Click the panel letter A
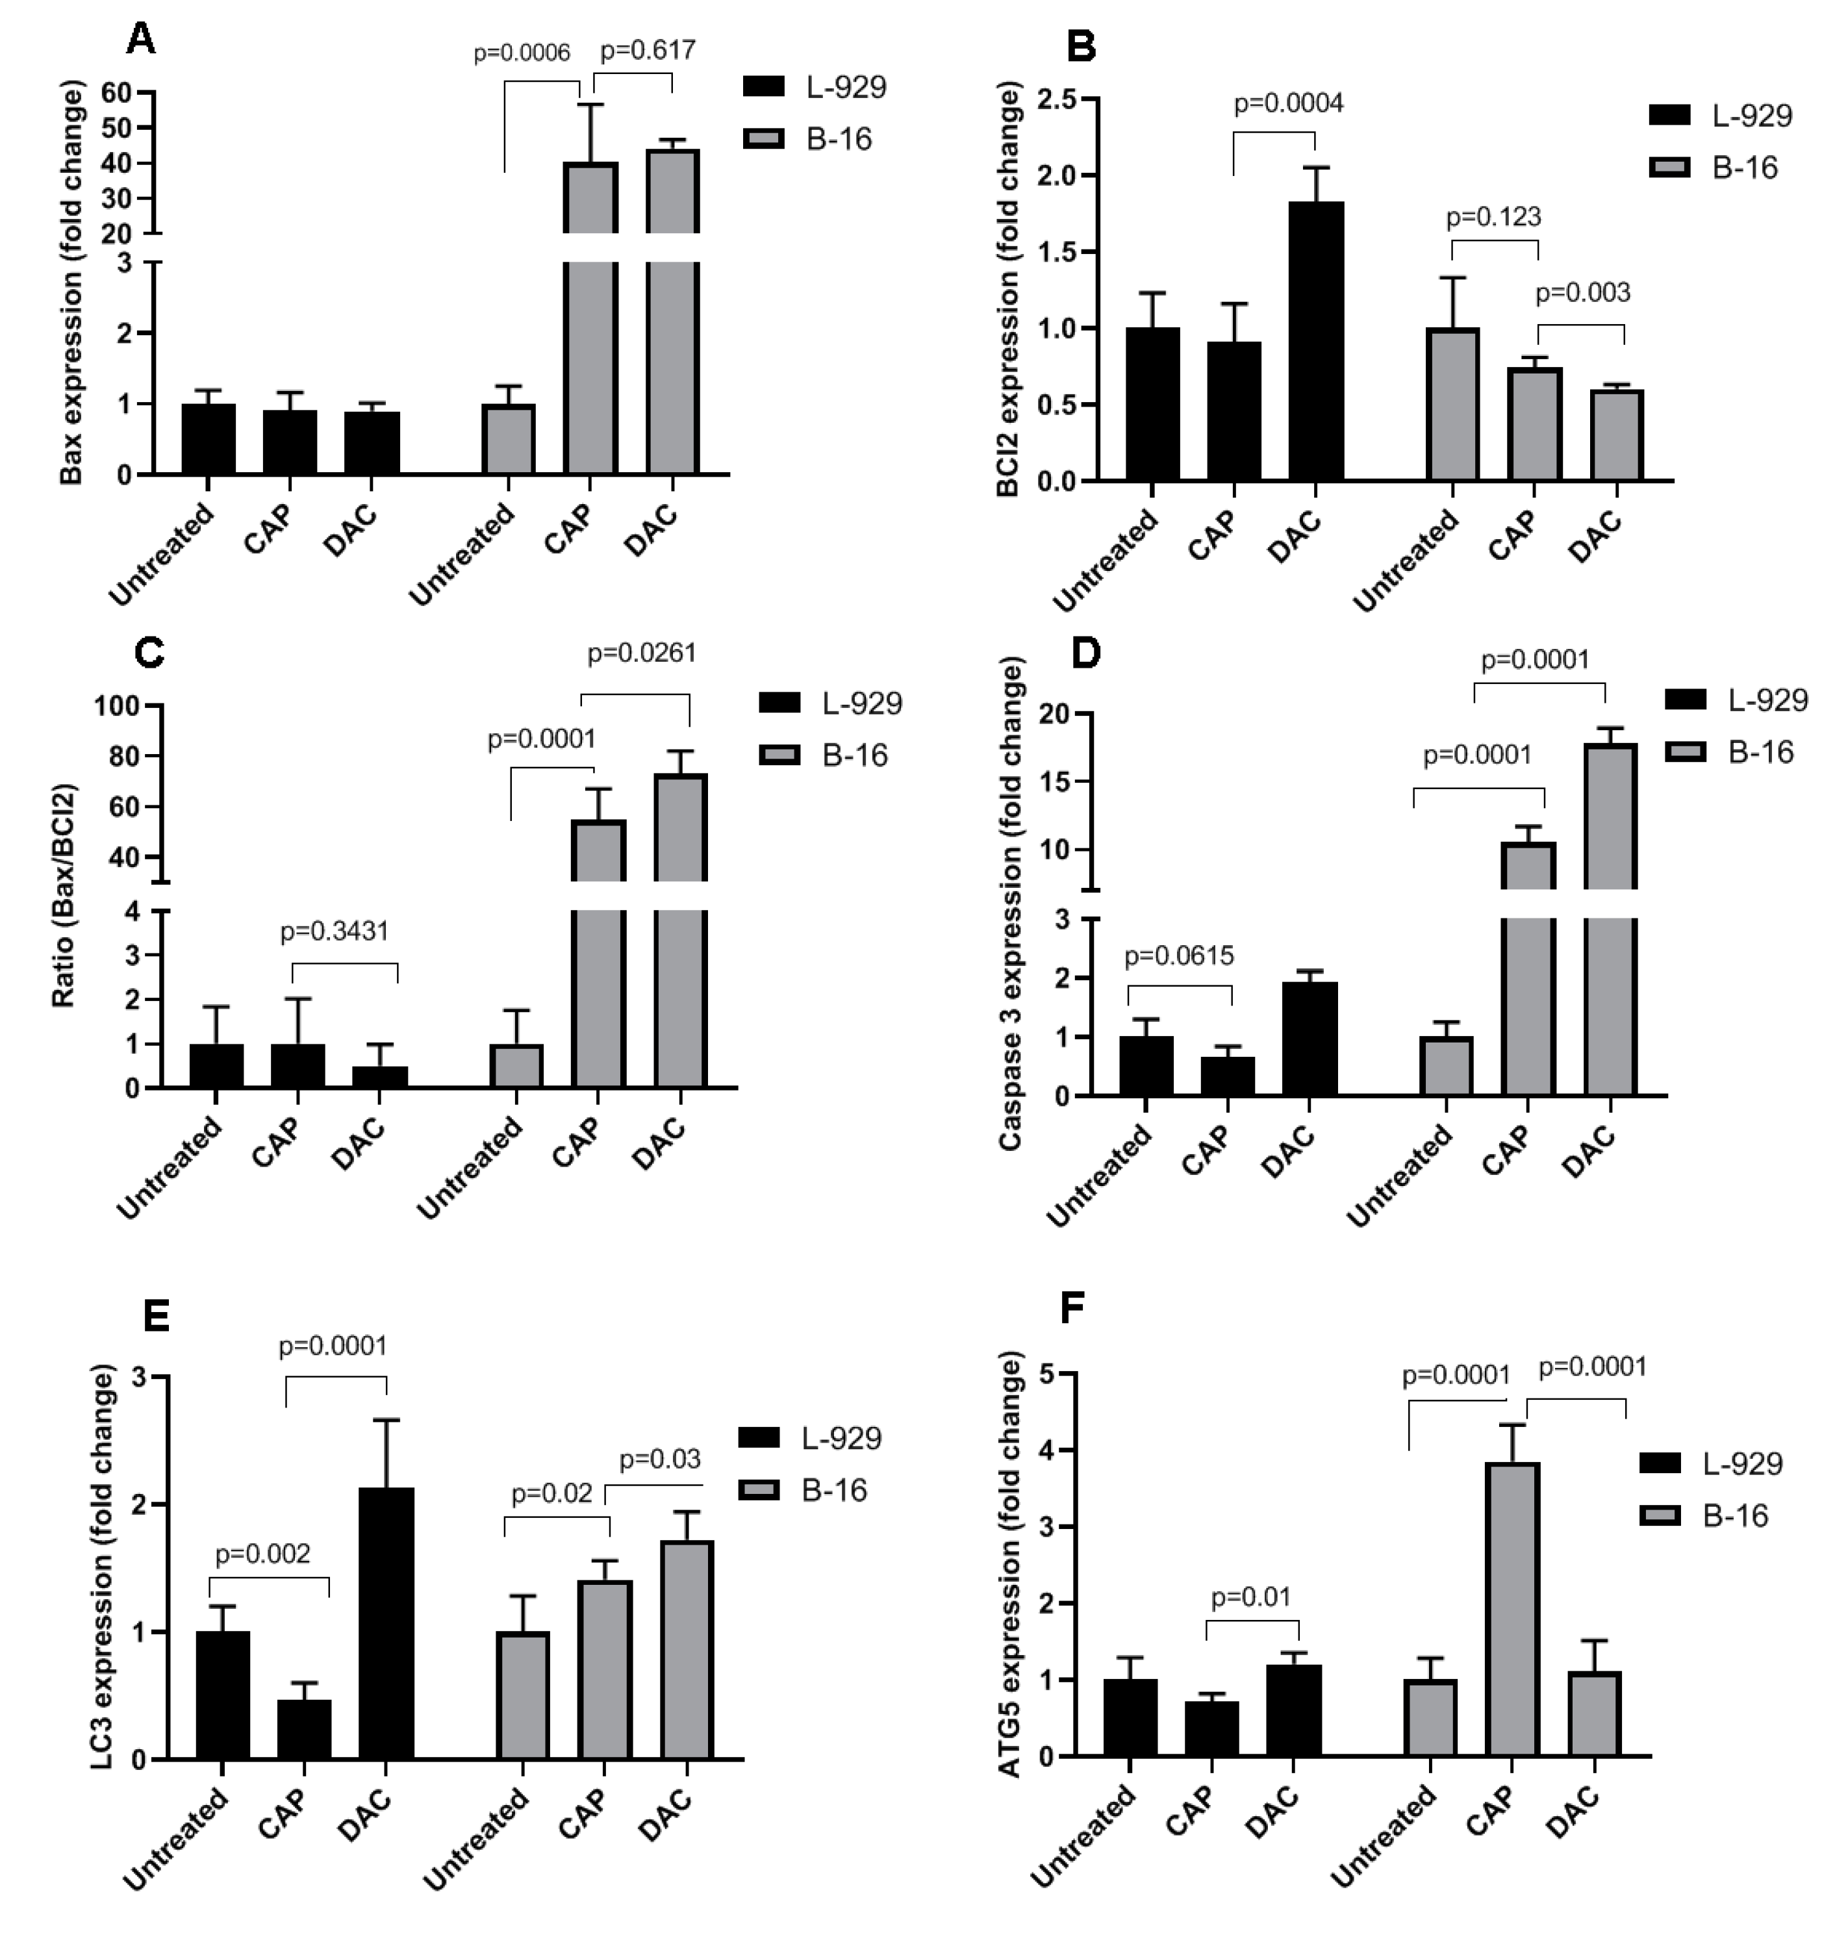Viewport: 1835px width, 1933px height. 142,41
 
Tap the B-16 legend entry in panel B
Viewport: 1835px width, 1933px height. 1721,168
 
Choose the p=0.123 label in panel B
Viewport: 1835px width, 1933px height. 1493,216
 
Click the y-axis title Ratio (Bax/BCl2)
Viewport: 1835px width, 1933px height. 64,896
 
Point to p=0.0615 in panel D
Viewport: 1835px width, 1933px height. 1179,955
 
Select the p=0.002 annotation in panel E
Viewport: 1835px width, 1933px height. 262,1554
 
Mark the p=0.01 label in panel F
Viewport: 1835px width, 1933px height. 1251,1597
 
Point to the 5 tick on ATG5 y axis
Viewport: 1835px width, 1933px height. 1048,1374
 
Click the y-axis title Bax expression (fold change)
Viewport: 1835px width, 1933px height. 71,284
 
